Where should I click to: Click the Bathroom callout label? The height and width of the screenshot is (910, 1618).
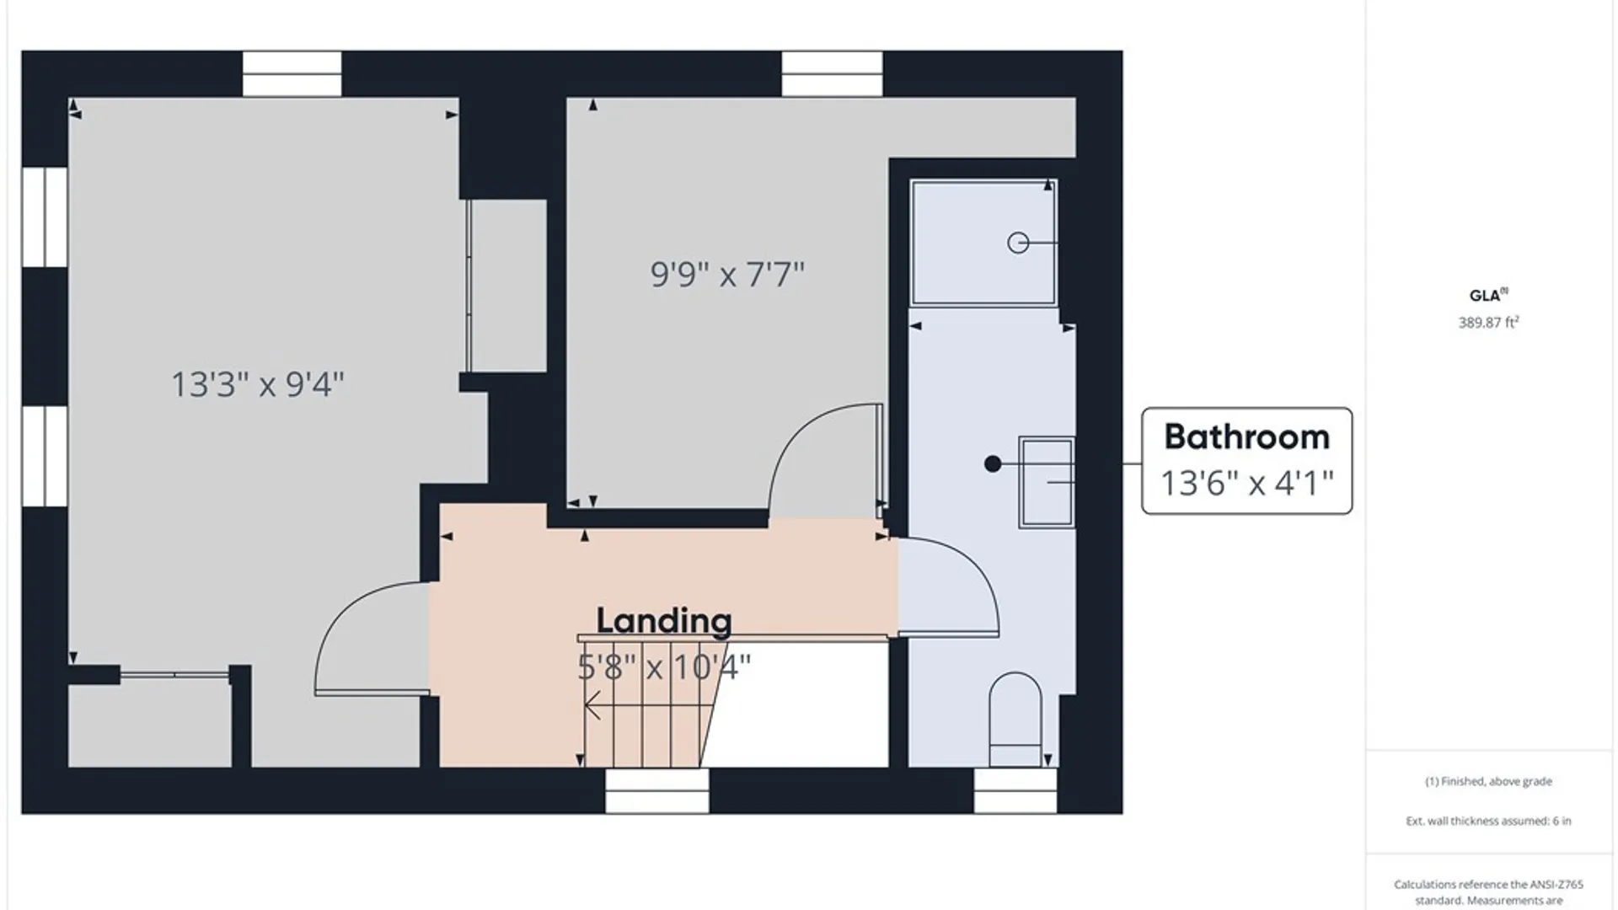[1246, 436]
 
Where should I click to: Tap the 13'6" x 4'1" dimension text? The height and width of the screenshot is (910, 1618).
[1246, 484]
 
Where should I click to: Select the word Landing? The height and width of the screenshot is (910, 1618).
[664, 621]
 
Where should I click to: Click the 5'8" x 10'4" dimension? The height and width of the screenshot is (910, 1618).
[664, 667]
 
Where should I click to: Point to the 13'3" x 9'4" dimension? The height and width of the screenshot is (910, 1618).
[258, 384]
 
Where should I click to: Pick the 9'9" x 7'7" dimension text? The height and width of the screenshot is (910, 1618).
[727, 274]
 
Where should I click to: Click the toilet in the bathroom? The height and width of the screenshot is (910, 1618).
[1015, 719]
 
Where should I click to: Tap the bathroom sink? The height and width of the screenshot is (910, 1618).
[1047, 482]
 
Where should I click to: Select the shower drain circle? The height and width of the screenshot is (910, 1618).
[1018, 243]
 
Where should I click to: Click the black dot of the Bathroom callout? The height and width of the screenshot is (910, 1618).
[993, 463]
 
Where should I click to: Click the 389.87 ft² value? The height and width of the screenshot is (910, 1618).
[1488, 323]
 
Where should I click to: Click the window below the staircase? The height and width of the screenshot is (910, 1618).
[657, 791]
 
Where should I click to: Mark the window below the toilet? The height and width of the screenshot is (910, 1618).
[1015, 791]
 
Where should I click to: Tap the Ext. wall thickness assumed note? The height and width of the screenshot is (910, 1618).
[1488, 821]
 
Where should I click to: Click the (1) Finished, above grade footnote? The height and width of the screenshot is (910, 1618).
[1488, 781]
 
